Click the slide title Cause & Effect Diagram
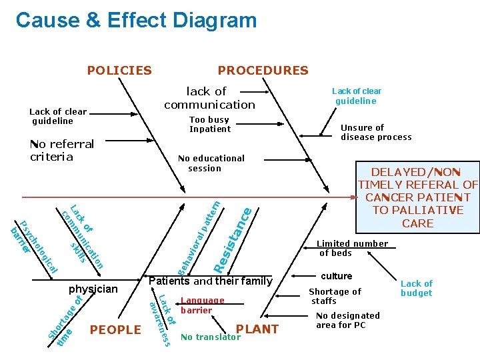(136, 21)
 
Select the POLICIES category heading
(119, 70)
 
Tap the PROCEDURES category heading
(263, 70)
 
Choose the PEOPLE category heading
(115, 329)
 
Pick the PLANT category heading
(257, 329)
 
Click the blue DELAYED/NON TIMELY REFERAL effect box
(418, 197)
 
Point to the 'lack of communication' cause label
(209, 97)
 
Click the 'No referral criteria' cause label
(62, 150)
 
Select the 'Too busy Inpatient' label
(209, 125)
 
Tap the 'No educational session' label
(211, 163)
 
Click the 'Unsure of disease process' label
(376, 132)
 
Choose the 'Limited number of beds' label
(351, 248)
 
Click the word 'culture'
(336, 276)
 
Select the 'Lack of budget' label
(416, 288)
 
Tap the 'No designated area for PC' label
(347, 320)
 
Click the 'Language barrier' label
(202, 305)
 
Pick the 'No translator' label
(210, 337)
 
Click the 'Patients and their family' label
(210, 281)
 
